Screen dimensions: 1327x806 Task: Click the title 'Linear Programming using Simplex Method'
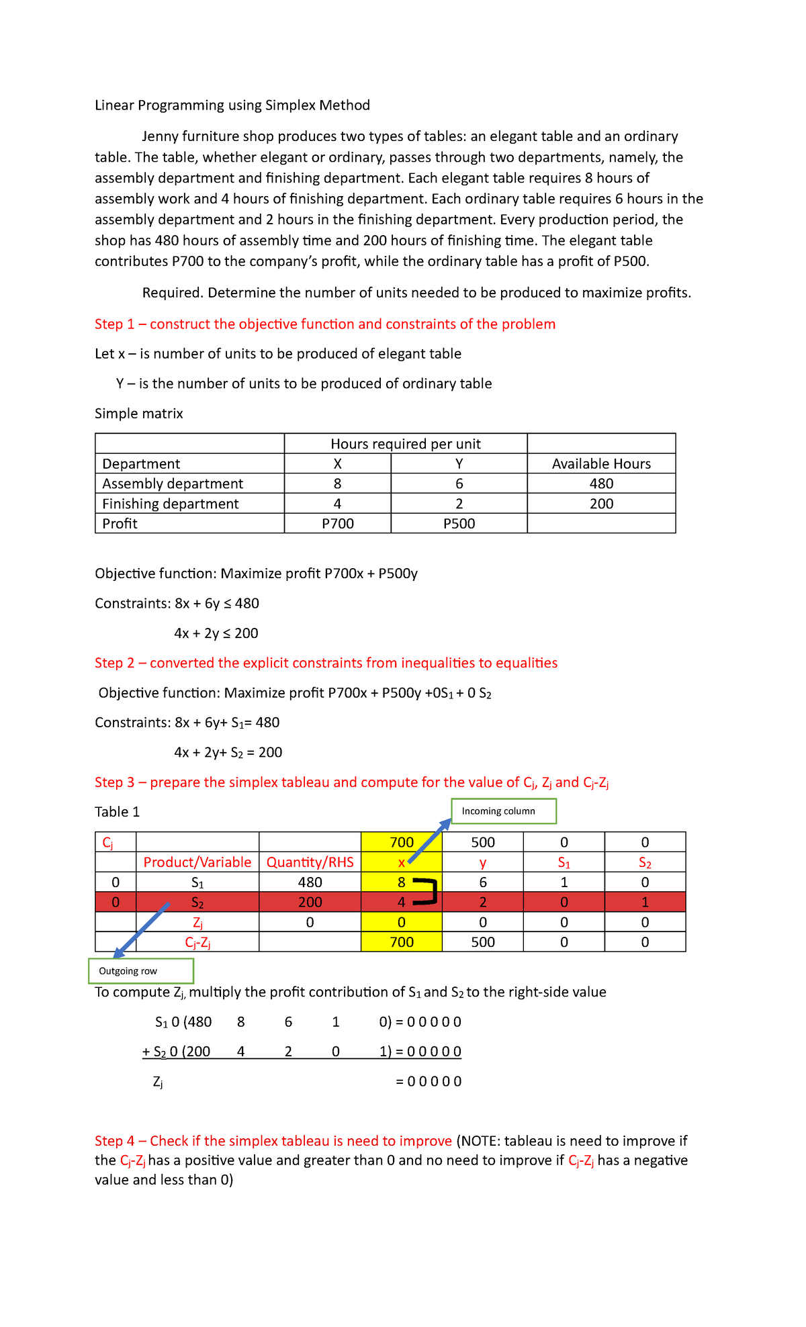click(x=232, y=105)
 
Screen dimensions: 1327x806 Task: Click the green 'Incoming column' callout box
click(x=503, y=811)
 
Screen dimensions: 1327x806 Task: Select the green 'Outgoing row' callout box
click(x=141, y=971)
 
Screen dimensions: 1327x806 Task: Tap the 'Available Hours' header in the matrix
click(x=601, y=464)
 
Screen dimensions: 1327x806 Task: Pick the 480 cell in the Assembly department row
click(x=601, y=484)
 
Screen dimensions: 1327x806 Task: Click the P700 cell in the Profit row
click(x=337, y=524)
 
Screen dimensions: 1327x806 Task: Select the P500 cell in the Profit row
click(x=459, y=524)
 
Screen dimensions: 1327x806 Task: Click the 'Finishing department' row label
click(x=171, y=504)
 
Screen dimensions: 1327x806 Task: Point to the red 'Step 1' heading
click(x=325, y=324)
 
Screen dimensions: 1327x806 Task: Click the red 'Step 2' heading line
click(x=326, y=663)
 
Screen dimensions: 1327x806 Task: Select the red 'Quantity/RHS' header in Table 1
click(x=310, y=862)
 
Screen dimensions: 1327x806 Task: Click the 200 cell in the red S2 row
click(x=310, y=903)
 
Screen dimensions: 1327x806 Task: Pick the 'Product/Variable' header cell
click(x=197, y=862)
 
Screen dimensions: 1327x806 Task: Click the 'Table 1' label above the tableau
click(x=118, y=812)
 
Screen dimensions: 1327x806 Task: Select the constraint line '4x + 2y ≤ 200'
click(x=216, y=633)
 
